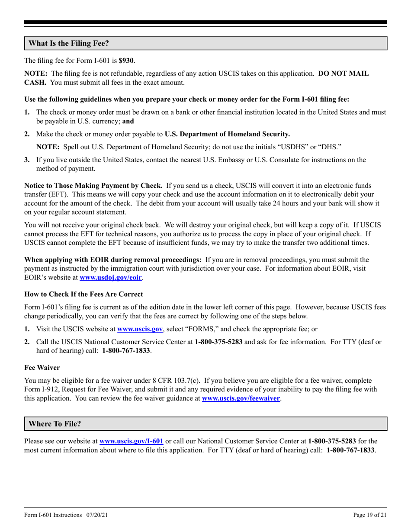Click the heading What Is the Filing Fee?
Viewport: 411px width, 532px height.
[x=69, y=43]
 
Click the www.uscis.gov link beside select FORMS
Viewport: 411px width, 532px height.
[x=137, y=329]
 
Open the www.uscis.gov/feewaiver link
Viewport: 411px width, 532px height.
[x=241, y=398]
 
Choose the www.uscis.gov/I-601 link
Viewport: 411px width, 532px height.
[x=131, y=442]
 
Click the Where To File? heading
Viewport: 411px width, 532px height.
[x=55, y=424]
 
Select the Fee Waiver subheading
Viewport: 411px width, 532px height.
[x=42, y=367]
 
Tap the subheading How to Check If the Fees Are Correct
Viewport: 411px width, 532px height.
[x=83, y=294]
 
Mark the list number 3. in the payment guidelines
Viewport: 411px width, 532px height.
[x=27, y=160]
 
